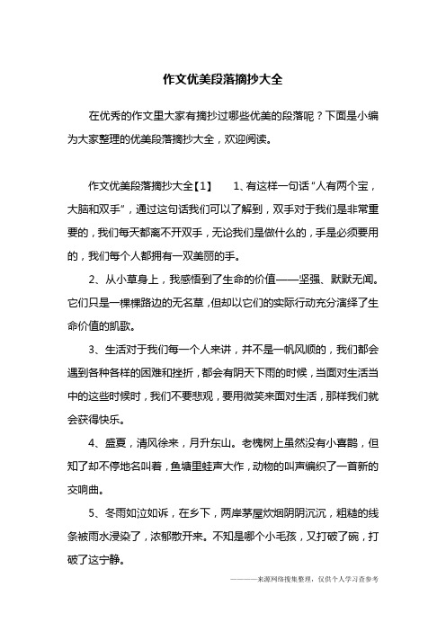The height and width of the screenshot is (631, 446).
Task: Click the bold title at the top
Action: [223, 80]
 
